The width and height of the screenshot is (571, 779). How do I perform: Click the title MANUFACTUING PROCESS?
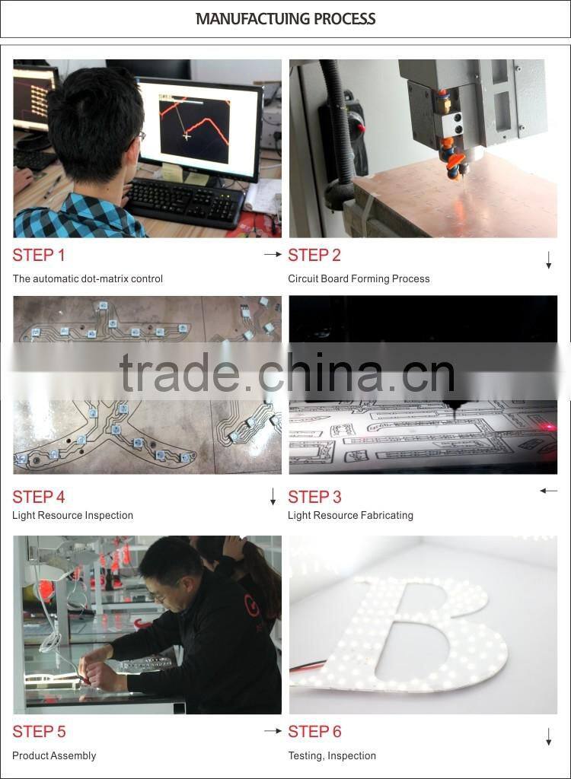tap(285, 19)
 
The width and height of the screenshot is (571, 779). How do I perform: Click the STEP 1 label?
tap(39, 256)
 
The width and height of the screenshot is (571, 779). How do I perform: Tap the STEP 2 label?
tap(314, 256)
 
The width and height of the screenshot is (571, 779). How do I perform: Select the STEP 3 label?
tap(314, 498)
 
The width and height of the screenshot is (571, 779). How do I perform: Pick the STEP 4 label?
tap(39, 498)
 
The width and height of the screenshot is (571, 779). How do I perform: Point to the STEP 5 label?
tap(39, 732)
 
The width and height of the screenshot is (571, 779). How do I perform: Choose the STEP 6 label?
tap(314, 732)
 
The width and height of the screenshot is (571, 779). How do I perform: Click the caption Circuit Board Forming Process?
tap(359, 279)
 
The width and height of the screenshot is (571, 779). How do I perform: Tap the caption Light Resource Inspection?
tap(72, 516)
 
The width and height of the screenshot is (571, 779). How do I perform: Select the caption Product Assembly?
tap(54, 756)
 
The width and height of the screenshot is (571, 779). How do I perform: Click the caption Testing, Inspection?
tap(332, 756)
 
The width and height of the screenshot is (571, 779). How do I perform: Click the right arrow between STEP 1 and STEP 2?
tap(273, 255)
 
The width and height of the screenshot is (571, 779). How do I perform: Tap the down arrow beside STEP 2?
tap(548, 261)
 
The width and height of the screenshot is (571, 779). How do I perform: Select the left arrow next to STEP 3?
tap(548, 491)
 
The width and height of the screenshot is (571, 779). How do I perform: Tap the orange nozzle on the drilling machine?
tap(455, 160)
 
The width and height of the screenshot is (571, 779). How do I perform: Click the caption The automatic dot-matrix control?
tap(88, 279)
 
